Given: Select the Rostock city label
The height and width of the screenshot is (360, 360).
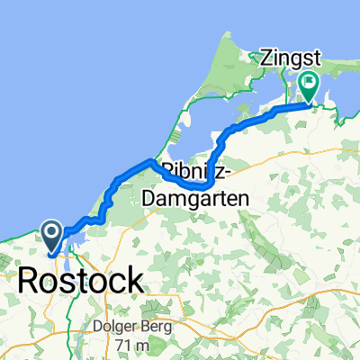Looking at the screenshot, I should pyautogui.click(x=80, y=279).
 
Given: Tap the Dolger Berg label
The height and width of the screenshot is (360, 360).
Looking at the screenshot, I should pyautogui.click(x=132, y=327).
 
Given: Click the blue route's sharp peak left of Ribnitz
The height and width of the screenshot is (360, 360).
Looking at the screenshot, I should pyautogui.click(x=149, y=160).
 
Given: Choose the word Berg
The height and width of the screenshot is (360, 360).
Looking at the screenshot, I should pyautogui.click(x=153, y=327).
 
